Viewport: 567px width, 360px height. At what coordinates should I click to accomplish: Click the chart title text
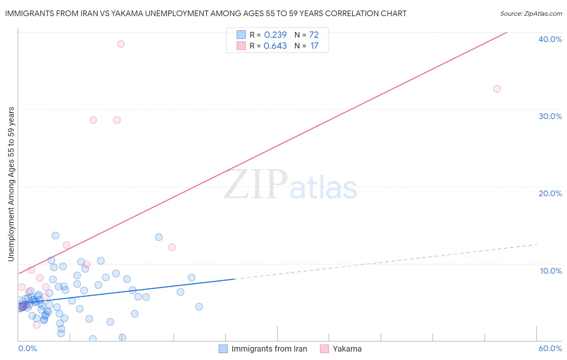click(206, 13)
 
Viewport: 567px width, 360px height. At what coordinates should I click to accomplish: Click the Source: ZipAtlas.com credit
click(531, 13)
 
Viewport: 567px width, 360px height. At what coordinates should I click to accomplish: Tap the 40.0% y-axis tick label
click(550, 39)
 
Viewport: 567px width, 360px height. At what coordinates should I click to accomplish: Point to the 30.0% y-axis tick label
click(550, 116)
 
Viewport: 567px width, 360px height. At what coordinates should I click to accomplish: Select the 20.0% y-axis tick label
click(550, 193)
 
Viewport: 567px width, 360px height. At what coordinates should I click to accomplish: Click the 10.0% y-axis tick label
click(551, 271)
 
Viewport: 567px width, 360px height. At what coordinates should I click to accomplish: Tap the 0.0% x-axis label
click(27, 348)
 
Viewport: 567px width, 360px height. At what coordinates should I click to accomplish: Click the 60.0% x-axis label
click(550, 348)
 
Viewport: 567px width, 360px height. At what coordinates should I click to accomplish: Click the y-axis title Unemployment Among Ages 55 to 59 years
click(11, 184)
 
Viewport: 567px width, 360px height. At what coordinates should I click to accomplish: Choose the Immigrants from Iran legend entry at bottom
click(269, 349)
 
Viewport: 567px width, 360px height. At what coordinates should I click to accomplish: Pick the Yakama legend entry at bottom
click(347, 349)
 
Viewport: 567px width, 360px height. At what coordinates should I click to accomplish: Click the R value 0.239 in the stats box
click(275, 35)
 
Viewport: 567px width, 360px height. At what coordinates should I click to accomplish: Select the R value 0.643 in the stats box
click(275, 46)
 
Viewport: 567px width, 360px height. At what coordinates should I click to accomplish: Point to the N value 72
click(314, 35)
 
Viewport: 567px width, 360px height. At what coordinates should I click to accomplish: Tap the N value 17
click(314, 46)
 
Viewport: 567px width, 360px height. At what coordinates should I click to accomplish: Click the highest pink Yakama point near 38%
click(121, 44)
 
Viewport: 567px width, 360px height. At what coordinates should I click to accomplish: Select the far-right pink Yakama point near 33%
click(497, 89)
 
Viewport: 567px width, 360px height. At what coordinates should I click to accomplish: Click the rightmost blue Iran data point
click(199, 307)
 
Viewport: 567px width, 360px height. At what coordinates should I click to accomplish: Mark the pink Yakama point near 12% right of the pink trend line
click(172, 247)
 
